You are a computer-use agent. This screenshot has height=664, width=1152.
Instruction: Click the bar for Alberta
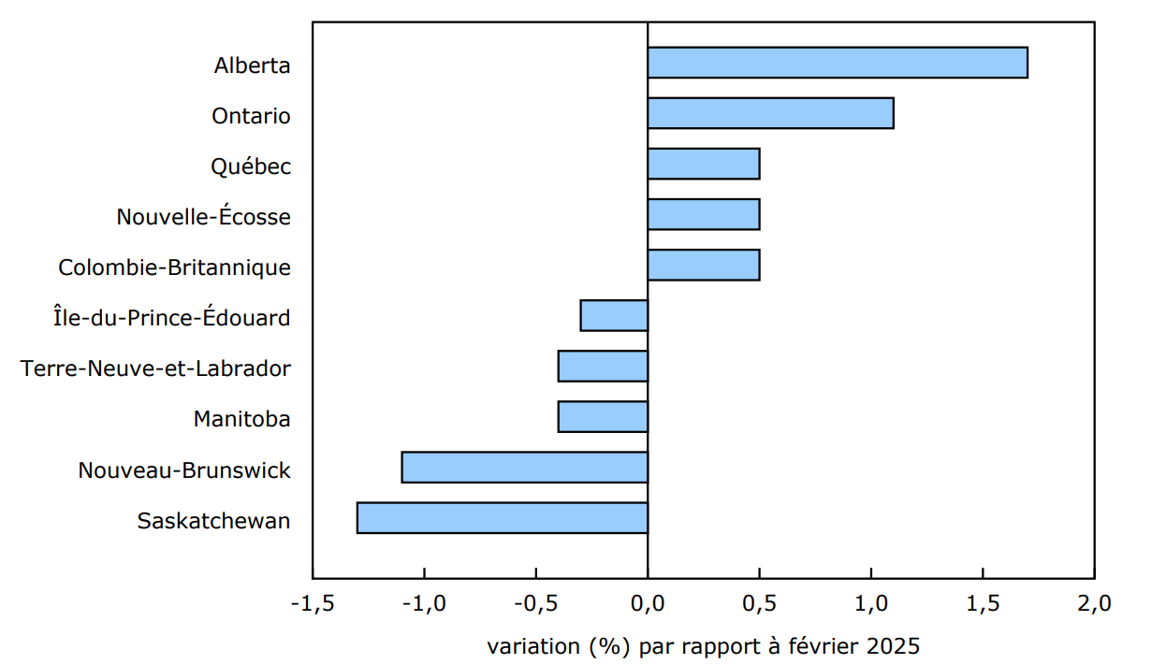(x=838, y=63)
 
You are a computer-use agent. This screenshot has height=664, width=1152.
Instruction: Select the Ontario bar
(x=770, y=113)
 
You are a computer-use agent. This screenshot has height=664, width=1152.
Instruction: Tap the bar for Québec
(x=703, y=164)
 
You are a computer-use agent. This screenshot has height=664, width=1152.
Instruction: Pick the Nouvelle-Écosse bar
(x=703, y=214)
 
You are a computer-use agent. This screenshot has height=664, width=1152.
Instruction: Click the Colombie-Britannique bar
(x=703, y=265)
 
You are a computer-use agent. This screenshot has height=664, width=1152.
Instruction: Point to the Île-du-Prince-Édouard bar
(x=614, y=315)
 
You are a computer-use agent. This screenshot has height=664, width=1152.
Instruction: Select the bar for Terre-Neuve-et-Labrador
(x=603, y=366)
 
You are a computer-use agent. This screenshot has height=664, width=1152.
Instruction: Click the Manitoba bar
(x=603, y=416)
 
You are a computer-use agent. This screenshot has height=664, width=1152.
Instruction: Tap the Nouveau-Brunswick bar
(x=524, y=467)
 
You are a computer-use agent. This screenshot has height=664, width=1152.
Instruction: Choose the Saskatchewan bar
(x=502, y=517)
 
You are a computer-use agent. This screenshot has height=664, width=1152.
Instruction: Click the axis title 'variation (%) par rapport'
(x=609, y=646)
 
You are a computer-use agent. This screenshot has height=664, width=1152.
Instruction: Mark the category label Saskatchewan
(x=213, y=521)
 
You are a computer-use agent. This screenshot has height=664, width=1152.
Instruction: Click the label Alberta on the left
(x=252, y=66)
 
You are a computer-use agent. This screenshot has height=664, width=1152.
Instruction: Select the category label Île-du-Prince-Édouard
(x=171, y=318)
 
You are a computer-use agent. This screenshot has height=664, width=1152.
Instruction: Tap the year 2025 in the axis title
(x=893, y=646)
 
